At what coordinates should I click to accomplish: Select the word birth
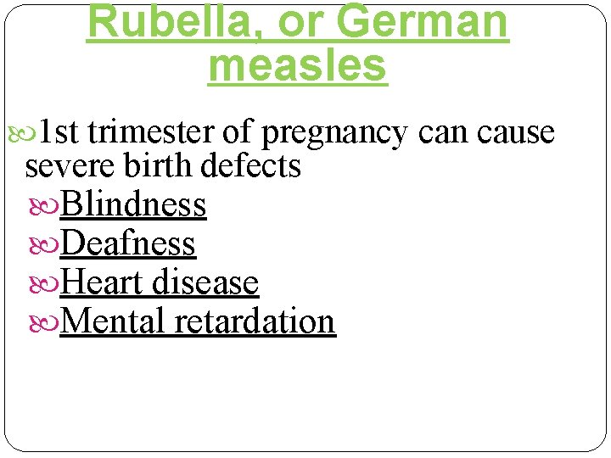tap(160, 165)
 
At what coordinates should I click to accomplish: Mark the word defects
tap(252, 165)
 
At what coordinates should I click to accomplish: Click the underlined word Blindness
tap(133, 204)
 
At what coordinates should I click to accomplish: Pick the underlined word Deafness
tap(128, 243)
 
